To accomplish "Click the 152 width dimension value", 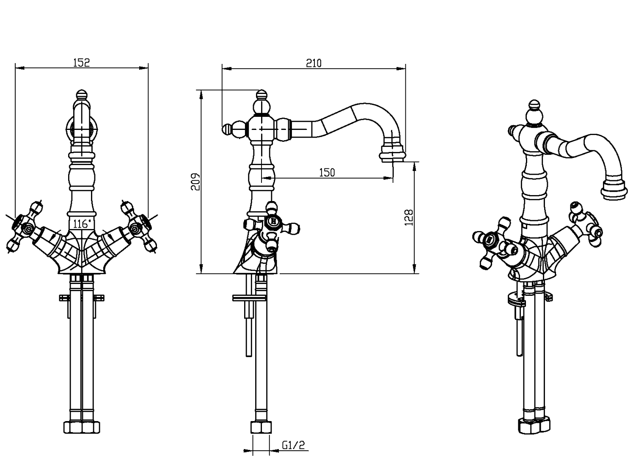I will [82, 63].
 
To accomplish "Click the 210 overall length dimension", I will [314, 63].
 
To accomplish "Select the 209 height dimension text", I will [195, 182].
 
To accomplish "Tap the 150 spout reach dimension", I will [327, 173].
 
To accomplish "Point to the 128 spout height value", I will [409, 218].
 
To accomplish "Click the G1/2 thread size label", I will [293, 445].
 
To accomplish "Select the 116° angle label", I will [80, 224].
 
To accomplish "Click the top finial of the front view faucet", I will [82, 95].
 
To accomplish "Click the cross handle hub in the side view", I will [273, 221].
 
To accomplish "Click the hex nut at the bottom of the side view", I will [261, 427].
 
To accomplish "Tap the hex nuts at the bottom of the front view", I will [82, 427].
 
